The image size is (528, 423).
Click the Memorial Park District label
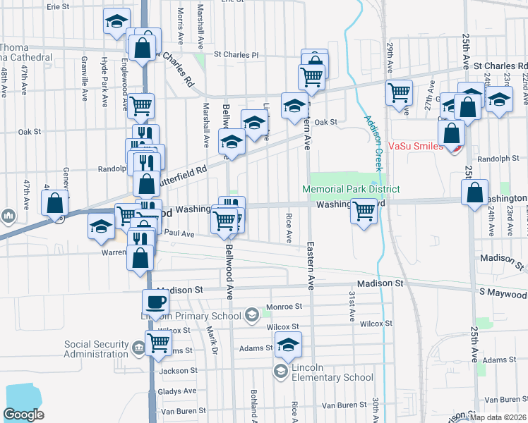(x=351, y=190)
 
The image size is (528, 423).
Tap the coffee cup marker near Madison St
(x=156, y=303)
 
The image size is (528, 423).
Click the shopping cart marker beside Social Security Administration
(x=159, y=343)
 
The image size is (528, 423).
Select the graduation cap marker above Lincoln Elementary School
(x=288, y=345)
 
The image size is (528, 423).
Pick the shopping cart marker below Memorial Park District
(x=364, y=210)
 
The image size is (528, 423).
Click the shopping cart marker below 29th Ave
(x=400, y=92)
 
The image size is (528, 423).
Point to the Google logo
(x=23, y=415)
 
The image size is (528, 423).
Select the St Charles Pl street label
(x=236, y=54)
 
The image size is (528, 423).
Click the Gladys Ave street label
(x=179, y=391)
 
